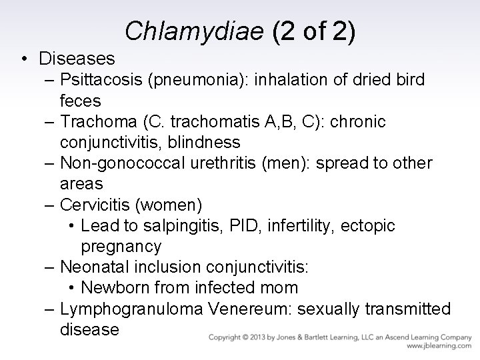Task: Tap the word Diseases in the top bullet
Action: click(x=77, y=59)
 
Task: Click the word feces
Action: click(x=80, y=101)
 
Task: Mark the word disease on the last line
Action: click(x=89, y=329)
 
